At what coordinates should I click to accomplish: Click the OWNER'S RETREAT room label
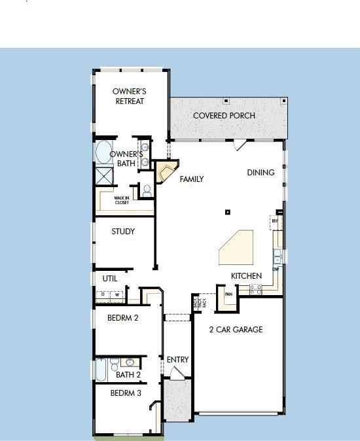[128, 96]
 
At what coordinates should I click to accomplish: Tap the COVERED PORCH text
[224, 116]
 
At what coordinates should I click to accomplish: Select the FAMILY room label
[192, 179]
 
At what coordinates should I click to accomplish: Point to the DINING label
[261, 173]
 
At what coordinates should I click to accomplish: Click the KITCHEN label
[246, 276]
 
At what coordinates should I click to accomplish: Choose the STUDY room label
[123, 232]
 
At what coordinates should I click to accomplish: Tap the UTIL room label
[110, 278]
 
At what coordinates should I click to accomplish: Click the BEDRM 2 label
[123, 319]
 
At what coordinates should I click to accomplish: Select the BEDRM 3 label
[126, 393]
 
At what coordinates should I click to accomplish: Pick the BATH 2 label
[128, 375]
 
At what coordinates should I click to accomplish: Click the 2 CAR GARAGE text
[236, 330]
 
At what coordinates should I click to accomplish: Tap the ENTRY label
[177, 360]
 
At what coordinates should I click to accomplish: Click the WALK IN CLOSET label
[122, 200]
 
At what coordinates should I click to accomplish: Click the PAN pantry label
[228, 294]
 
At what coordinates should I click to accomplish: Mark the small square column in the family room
[228, 211]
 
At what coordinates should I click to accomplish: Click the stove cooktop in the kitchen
[255, 288]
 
